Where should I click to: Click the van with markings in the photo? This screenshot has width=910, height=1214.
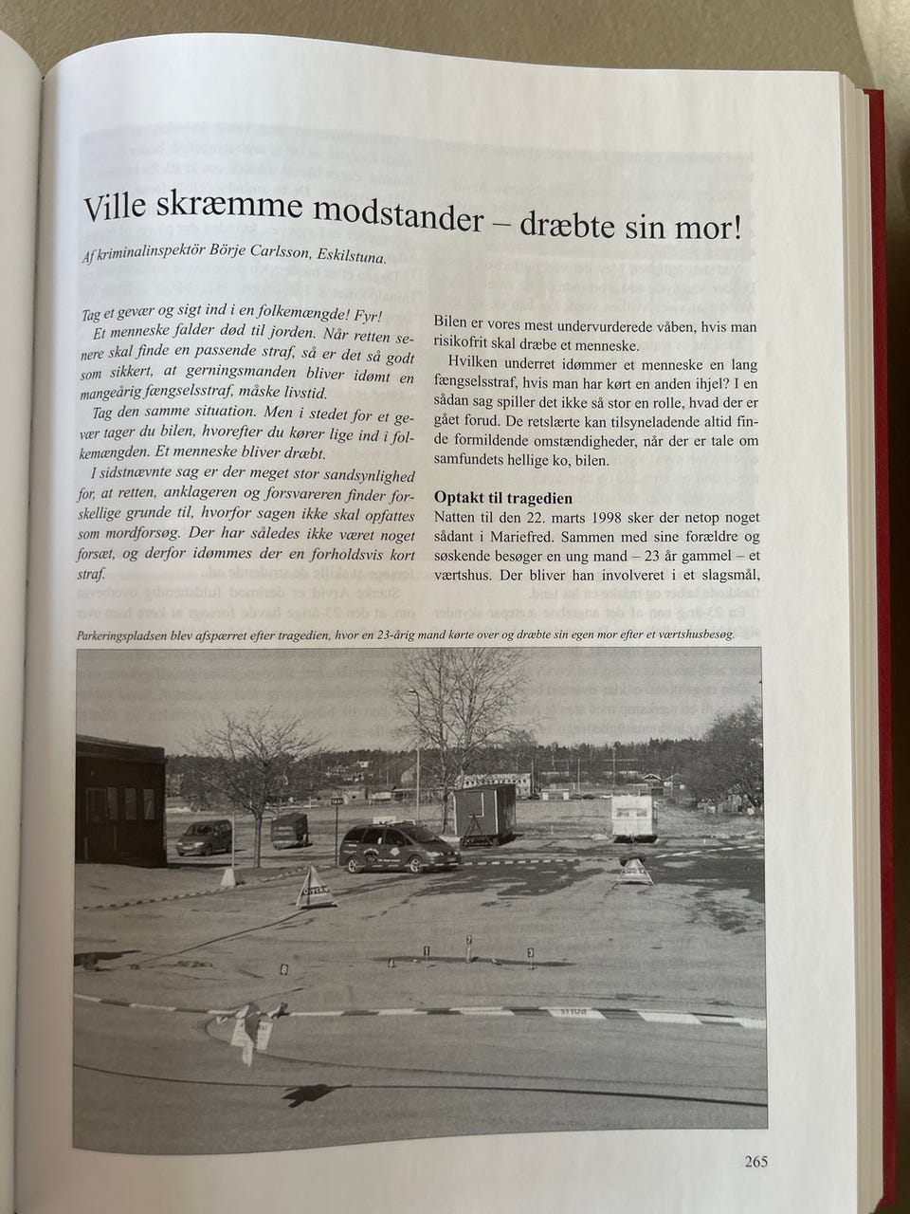click(x=399, y=848)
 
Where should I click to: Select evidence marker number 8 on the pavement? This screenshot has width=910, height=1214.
click(x=285, y=969)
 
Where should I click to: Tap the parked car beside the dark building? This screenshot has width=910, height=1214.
click(x=205, y=837)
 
